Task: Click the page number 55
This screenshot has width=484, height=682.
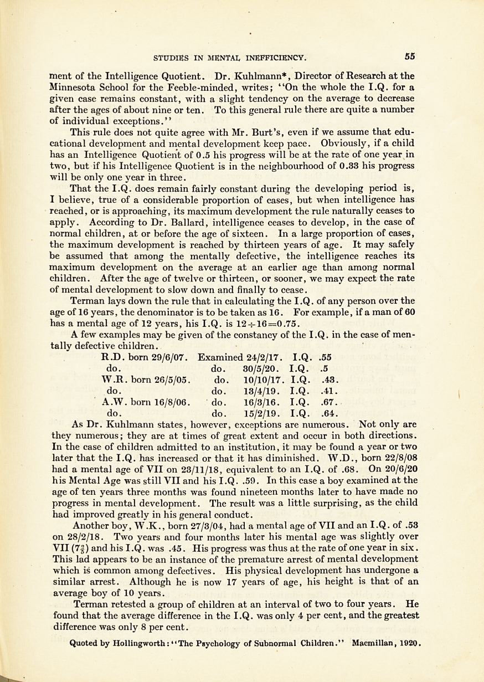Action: pos(410,56)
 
